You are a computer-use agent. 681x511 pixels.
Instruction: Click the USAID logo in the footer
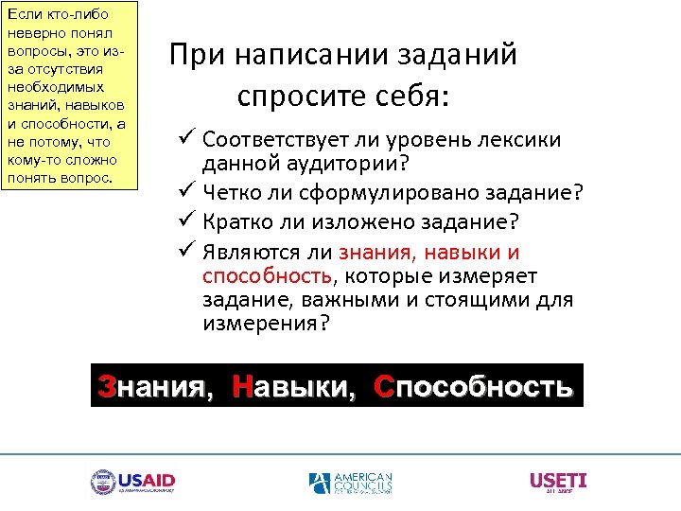(132, 483)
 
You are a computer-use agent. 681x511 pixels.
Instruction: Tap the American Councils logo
(350, 483)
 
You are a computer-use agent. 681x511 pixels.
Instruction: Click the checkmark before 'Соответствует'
(186, 139)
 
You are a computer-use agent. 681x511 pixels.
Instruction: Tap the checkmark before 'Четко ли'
(186, 194)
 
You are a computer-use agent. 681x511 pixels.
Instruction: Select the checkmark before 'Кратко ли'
(186, 222)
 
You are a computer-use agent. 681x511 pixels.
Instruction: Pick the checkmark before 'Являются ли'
(186, 251)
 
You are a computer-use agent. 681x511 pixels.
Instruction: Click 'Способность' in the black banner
(473, 387)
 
